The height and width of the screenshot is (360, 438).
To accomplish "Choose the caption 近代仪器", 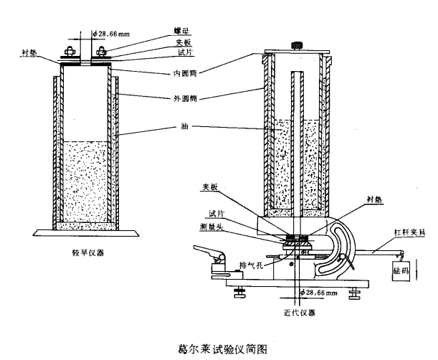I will point(295,313).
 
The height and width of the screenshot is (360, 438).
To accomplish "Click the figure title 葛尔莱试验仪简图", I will point(222,348).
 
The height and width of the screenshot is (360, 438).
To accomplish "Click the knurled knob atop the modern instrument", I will point(295,45).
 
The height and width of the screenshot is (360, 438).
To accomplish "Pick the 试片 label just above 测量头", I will point(214,213).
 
